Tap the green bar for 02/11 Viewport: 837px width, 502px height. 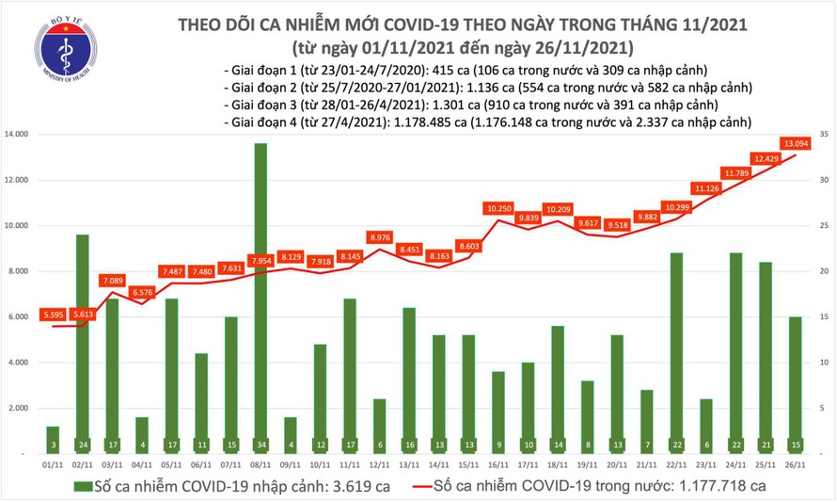click(83, 330)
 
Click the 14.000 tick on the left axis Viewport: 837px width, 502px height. click(20, 135)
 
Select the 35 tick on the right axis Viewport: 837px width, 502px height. click(823, 135)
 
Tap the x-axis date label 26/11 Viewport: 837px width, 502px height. click(795, 463)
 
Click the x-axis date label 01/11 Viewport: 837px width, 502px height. click(54, 463)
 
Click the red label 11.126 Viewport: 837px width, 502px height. click(706, 188)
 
